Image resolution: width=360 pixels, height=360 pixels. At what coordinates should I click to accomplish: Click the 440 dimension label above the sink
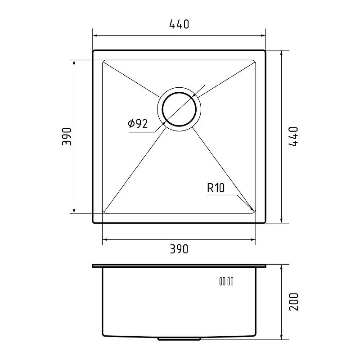coord(179,24)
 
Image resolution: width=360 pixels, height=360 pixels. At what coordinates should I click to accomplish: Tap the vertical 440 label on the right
coord(293,136)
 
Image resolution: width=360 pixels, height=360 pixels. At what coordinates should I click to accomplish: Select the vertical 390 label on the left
coord(67,137)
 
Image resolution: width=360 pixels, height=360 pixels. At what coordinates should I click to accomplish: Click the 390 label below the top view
coord(179,249)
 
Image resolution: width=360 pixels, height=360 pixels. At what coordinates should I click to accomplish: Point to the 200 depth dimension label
coord(294,302)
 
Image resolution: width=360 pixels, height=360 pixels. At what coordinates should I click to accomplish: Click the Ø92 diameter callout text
coord(138,124)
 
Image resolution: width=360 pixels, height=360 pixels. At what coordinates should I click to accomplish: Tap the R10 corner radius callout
coord(216,188)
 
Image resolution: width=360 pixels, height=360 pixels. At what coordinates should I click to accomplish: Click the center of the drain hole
coord(179,109)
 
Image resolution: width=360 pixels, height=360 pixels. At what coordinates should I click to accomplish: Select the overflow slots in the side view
coord(226,281)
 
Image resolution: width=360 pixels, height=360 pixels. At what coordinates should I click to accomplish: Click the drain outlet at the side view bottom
coord(179,339)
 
